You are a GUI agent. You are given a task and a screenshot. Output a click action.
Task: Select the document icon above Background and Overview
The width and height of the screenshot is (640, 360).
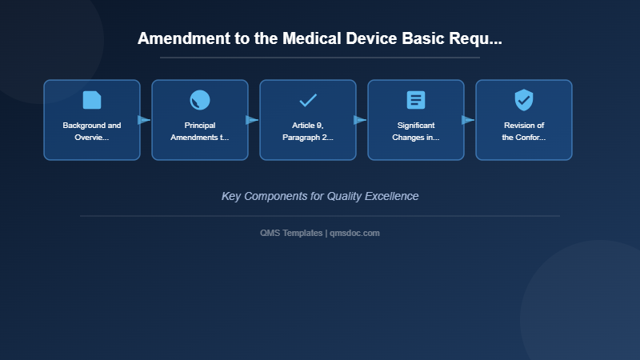pyautogui.click(x=92, y=100)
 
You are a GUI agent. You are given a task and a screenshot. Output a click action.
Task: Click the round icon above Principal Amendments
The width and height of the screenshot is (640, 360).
pyautogui.click(x=200, y=100)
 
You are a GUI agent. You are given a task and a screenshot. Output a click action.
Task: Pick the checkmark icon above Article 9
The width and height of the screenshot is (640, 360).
pyautogui.click(x=308, y=100)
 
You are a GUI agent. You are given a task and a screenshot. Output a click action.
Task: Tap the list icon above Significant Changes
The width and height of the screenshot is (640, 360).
pyautogui.click(x=416, y=100)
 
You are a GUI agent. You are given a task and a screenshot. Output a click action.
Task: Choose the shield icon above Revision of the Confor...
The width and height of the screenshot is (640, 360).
pyautogui.click(x=524, y=100)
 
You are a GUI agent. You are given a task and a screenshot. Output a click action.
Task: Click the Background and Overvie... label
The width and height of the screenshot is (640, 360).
pyautogui.click(x=92, y=131)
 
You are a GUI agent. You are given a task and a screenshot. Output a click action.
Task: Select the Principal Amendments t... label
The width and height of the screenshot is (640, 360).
pyautogui.click(x=200, y=131)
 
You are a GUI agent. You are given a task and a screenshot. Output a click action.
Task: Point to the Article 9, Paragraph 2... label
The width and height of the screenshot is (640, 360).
pyautogui.click(x=308, y=131)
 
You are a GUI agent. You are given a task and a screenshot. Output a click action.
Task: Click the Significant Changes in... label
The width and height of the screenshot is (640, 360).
pyautogui.click(x=416, y=131)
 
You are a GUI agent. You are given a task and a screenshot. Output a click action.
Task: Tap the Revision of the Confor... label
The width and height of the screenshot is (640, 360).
pyautogui.click(x=524, y=131)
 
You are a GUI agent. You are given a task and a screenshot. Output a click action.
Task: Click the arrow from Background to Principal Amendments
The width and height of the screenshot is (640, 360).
pyautogui.click(x=144, y=120)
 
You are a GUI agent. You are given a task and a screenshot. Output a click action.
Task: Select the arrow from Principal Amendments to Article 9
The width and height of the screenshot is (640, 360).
pyautogui.click(x=252, y=120)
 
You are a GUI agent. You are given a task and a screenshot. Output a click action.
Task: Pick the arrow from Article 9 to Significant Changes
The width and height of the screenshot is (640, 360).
pyautogui.click(x=360, y=120)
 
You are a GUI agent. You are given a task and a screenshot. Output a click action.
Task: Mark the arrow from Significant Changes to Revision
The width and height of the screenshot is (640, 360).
pyautogui.click(x=468, y=120)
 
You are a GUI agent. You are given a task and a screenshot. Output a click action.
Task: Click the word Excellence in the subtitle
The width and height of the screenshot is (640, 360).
pyautogui.click(x=390, y=196)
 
